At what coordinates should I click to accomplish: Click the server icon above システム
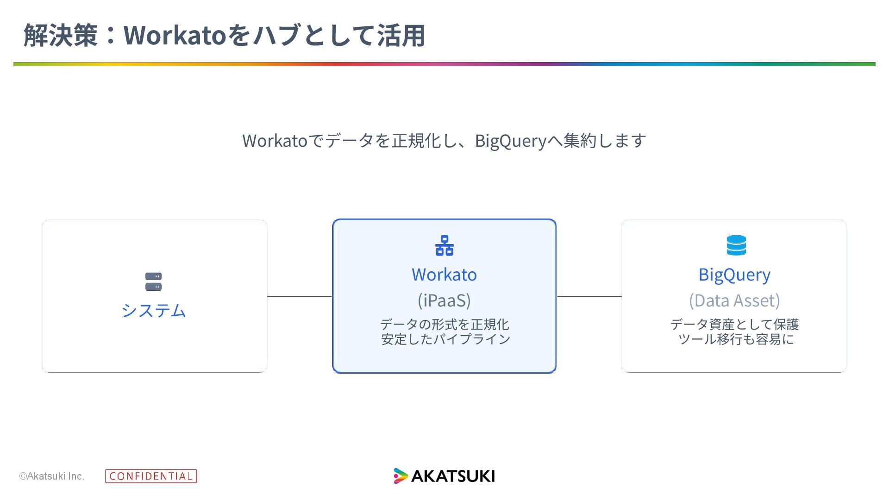(153, 281)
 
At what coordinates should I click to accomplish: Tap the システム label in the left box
(154, 310)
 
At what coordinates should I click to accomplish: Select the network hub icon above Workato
(444, 245)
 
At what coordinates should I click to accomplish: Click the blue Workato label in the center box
(444, 275)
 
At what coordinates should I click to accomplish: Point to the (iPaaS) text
(444, 300)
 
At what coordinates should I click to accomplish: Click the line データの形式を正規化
(444, 324)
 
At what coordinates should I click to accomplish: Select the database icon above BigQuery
(736, 245)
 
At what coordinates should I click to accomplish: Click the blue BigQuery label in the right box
(734, 275)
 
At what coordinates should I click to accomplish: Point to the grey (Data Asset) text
(734, 300)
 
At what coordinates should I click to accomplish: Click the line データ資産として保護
(734, 324)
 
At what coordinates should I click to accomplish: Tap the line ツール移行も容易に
(736, 339)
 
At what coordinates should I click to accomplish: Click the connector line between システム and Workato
(300, 296)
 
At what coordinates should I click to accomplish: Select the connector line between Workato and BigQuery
(589, 296)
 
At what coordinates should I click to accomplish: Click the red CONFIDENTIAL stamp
(151, 476)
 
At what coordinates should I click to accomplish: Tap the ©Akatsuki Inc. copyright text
(52, 476)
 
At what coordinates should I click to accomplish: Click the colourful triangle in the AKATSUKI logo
(400, 476)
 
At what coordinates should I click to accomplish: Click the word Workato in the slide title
(175, 35)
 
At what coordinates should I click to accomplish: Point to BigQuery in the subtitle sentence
(511, 141)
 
